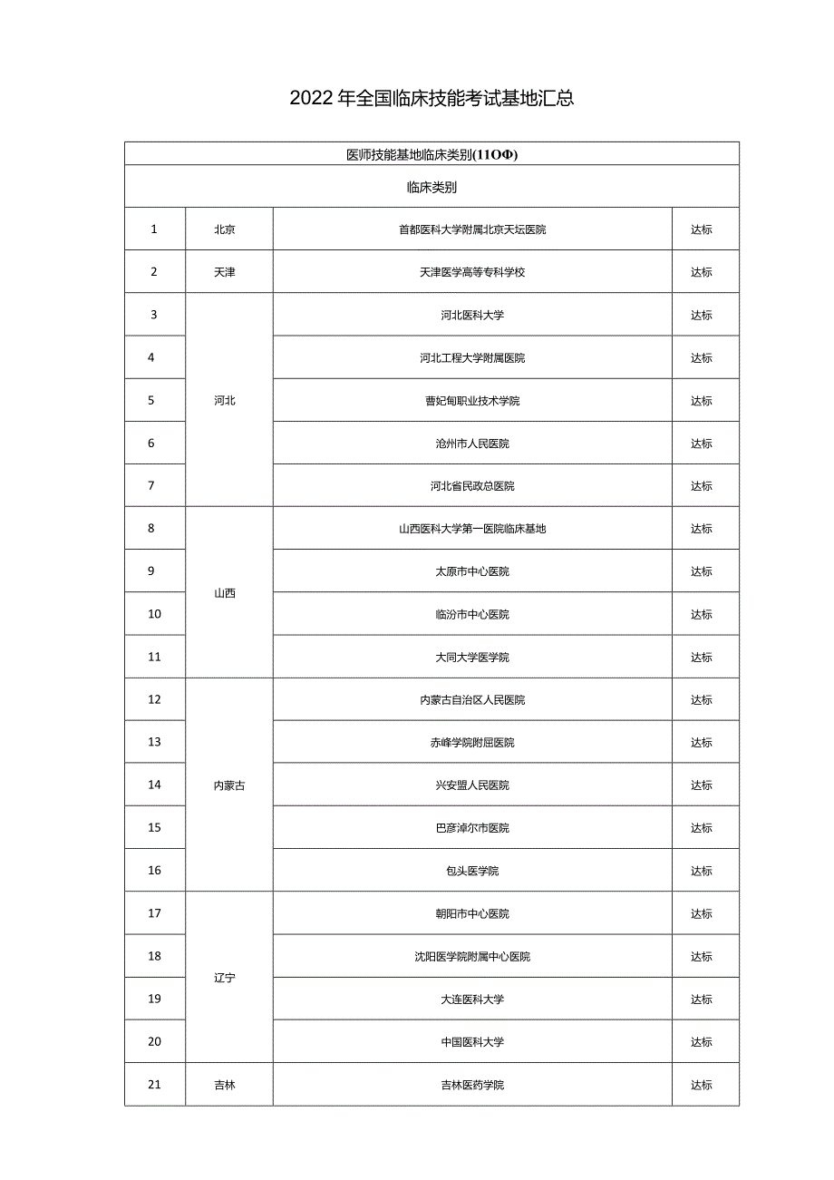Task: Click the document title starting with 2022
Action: (432, 99)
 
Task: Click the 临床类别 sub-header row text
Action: (432, 188)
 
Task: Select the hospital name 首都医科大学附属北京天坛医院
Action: (472, 229)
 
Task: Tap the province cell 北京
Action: (225, 229)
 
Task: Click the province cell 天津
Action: (225, 272)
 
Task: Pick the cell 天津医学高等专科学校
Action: (472, 272)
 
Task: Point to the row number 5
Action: (151, 400)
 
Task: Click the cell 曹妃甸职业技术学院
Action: (472, 401)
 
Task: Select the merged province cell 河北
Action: (225, 400)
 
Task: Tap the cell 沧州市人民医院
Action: (472, 444)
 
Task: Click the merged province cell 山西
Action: (225, 593)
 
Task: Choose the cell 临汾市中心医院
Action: (472, 614)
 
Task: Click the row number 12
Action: (154, 699)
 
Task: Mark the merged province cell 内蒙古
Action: (228, 785)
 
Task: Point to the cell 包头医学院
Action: (472, 871)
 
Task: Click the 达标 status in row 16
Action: (702, 871)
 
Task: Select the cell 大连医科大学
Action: (472, 1000)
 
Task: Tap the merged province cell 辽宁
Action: (225, 978)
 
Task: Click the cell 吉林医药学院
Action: (472, 1085)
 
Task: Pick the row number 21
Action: (154, 1085)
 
